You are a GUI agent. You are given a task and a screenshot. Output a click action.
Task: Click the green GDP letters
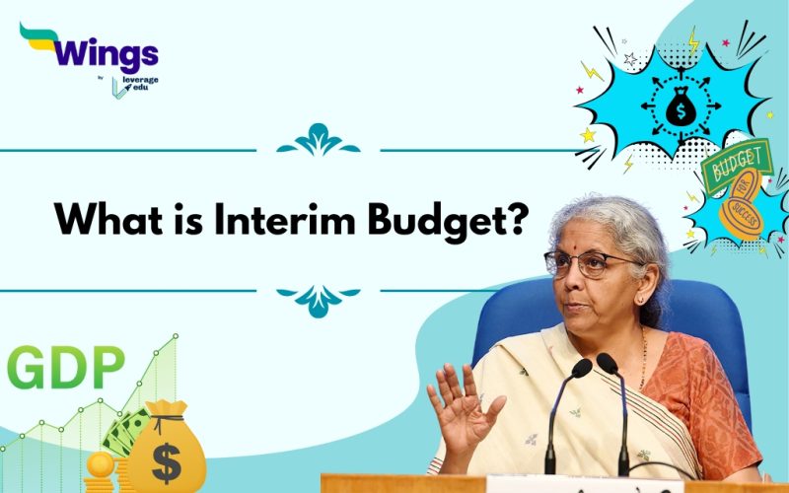[x=65, y=367]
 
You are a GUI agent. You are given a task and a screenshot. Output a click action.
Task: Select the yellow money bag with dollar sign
[x=167, y=455]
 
